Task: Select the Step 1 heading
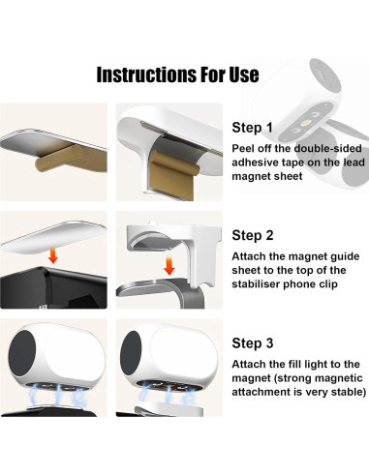[x=253, y=127]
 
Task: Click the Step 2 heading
[x=253, y=235]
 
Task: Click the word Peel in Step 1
[x=244, y=148]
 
